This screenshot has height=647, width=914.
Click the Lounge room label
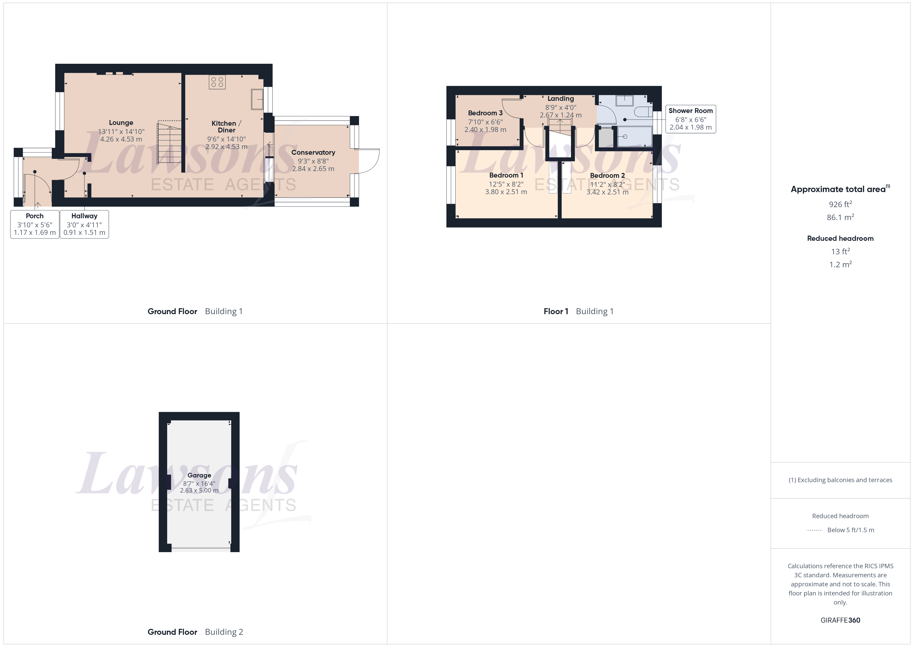(121, 123)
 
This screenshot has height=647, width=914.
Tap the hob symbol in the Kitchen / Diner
(217, 82)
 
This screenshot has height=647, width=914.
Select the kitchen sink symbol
(257, 99)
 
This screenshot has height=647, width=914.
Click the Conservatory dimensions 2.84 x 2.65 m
(313, 169)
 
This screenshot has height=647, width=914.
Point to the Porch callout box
(35, 224)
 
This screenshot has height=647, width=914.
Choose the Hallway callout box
(84, 224)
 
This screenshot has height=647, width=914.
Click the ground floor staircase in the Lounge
(169, 142)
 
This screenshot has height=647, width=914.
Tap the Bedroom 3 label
(485, 113)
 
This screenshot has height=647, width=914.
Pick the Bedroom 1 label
(505, 175)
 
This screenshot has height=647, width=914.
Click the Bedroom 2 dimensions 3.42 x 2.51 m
(607, 192)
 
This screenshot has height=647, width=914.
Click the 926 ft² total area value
(840, 204)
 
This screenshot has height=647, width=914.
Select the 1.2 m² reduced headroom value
(840, 265)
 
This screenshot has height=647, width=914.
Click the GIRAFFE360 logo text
(840, 620)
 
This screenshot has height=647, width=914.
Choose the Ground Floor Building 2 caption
(195, 632)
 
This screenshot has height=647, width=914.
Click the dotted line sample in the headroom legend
(814, 530)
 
